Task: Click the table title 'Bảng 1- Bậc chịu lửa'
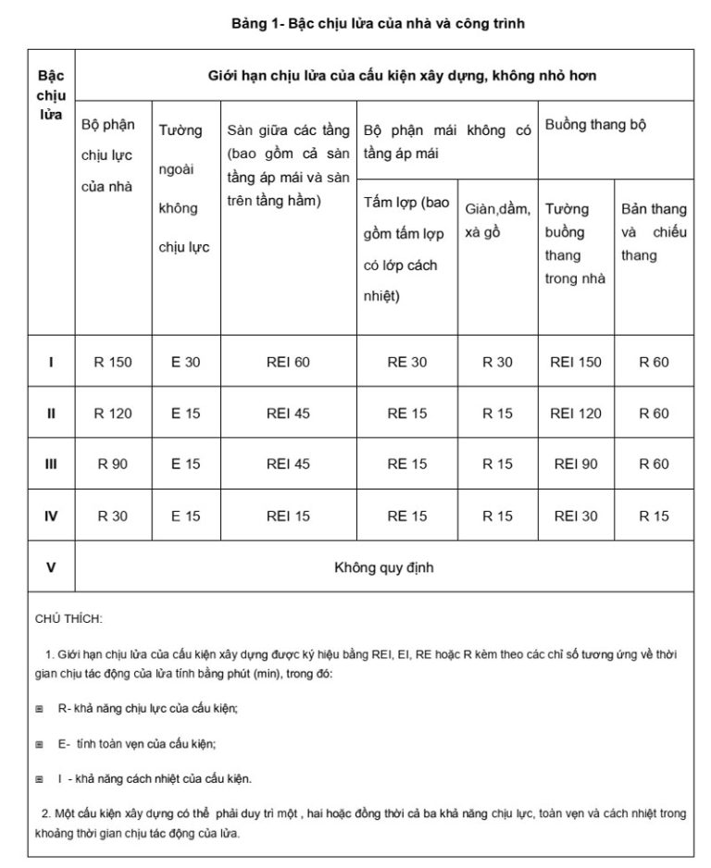378,23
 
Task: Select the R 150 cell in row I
113,362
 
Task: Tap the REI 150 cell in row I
575,362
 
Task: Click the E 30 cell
185,362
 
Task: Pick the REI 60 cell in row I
288,362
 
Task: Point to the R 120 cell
113,414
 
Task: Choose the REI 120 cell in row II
575,414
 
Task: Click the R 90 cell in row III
113,465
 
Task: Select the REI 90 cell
575,465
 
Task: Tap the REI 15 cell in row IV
288,516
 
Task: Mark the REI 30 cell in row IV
575,516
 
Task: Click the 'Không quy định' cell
383,567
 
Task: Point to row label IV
51,516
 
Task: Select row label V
51,567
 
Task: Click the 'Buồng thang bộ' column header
596,125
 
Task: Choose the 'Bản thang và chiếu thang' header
654,231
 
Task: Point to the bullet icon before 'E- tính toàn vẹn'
39,744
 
